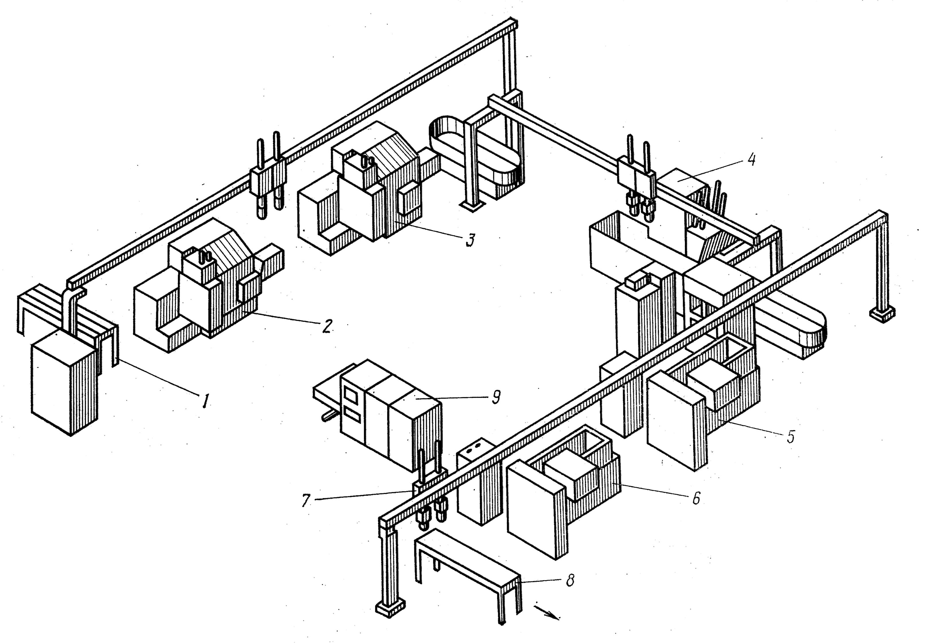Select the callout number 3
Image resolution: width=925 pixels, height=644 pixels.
click(469, 240)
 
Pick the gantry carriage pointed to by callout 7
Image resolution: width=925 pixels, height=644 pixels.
click(430, 496)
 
